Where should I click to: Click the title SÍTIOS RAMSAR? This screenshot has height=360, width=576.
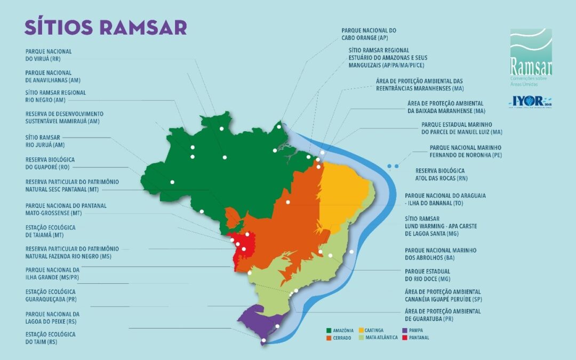[x=105, y=27]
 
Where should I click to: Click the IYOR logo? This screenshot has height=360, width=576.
[x=530, y=101]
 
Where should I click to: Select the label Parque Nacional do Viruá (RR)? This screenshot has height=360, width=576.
[x=49, y=55]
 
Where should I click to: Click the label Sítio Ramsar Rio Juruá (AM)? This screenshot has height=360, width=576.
[x=45, y=141]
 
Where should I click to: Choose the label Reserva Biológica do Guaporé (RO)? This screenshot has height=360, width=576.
[x=50, y=163]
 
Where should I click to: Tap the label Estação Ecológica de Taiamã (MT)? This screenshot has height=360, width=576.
[x=50, y=231]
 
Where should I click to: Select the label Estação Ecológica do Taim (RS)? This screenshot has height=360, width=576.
[x=50, y=338]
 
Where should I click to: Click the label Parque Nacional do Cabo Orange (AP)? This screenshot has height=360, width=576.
[x=369, y=35]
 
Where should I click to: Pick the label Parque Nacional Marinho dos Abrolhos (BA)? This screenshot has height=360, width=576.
[x=440, y=254]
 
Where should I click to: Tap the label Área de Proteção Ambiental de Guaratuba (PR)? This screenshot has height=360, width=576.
[x=443, y=315]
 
